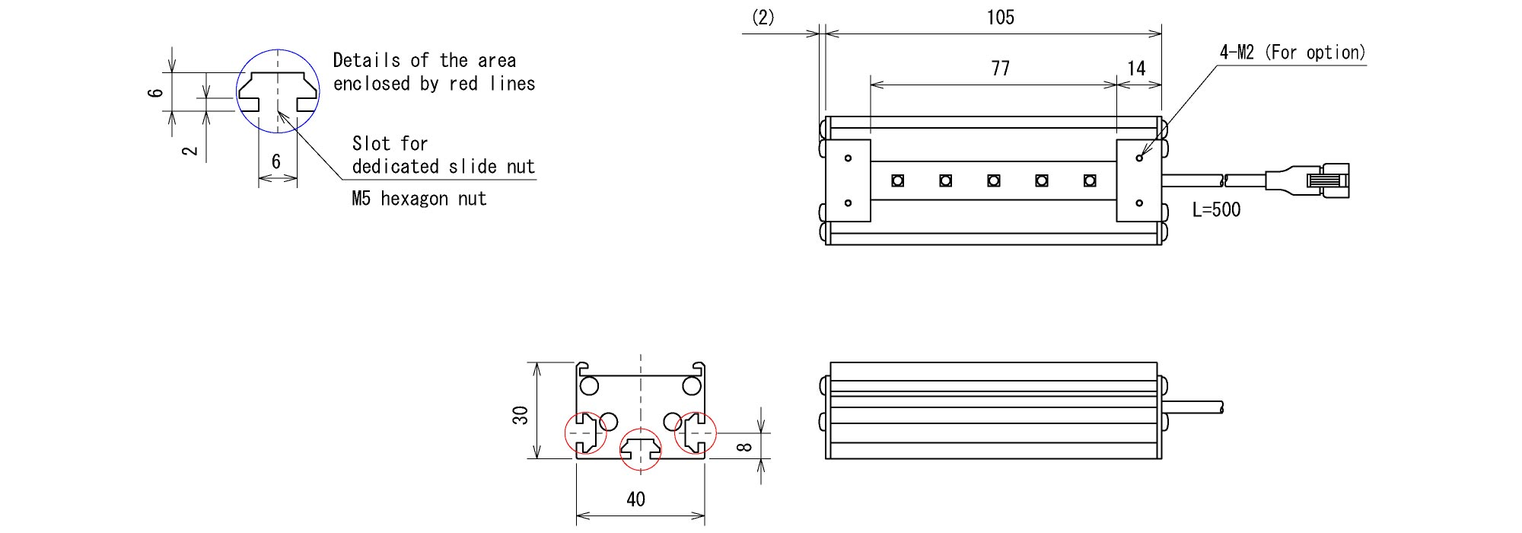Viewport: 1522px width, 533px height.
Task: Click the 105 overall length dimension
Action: (x=1000, y=18)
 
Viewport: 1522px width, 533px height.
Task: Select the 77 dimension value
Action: (x=1000, y=69)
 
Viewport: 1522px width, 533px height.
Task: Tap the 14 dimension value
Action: (x=1136, y=69)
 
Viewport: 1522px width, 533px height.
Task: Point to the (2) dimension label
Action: (x=763, y=18)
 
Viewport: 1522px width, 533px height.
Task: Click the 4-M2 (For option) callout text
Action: (x=1292, y=53)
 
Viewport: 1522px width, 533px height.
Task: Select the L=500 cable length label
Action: (x=1216, y=209)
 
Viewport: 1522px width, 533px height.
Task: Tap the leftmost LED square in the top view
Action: (x=898, y=180)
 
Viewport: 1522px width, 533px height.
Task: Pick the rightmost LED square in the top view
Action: (x=1090, y=180)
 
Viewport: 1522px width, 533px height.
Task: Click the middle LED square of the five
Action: (x=994, y=180)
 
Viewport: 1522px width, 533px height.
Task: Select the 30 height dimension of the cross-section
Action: (x=521, y=415)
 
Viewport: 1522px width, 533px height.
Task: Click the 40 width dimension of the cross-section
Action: (x=635, y=499)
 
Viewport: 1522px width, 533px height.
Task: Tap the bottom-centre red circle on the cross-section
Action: (x=640, y=448)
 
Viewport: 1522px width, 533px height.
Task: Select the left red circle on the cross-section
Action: (x=585, y=432)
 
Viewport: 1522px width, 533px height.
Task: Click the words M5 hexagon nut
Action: (x=419, y=199)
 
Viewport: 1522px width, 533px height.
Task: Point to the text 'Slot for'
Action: (x=390, y=144)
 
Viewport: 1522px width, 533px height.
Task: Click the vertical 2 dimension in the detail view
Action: (x=190, y=150)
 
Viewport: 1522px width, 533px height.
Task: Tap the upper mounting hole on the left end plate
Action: (x=848, y=158)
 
